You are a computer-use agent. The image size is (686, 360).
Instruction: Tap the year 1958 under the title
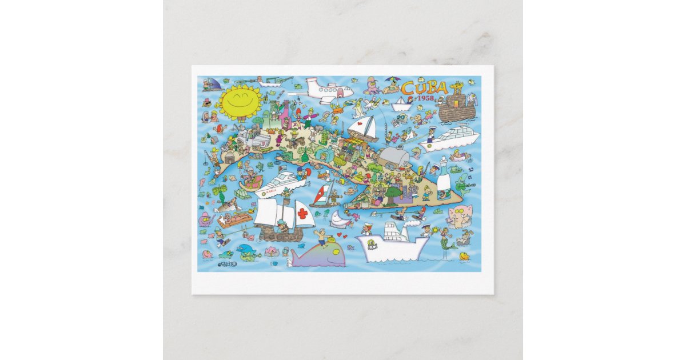426,98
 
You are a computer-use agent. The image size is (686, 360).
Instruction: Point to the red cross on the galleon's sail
302,214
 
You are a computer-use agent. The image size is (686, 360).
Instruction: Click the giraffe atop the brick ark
456,89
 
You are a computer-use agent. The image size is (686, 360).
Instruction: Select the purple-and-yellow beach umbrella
392,81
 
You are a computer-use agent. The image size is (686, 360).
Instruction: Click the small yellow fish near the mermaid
464,255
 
